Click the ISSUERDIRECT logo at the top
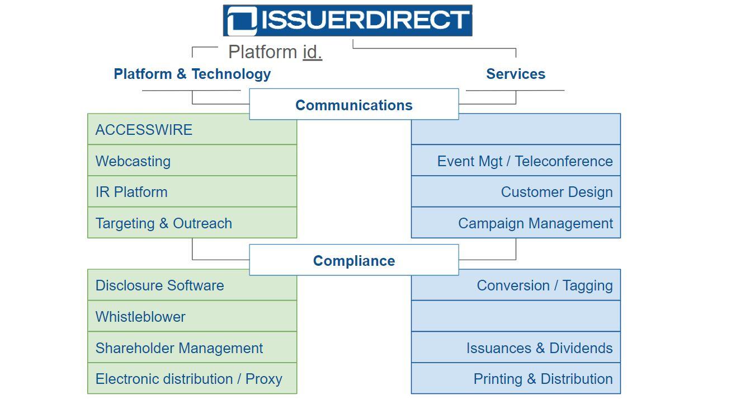(x=347, y=21)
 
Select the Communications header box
(x=353, y=105)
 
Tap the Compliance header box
(x=353, y=260)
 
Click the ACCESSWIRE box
(x=192, y=130)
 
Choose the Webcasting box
(x=192, y=161)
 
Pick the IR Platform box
(x=192, y=192)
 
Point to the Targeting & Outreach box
(x=192, y=223)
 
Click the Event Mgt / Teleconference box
(x=516, y=161)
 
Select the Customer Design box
(x=516, y=192)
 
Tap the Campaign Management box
(x=516, y=223)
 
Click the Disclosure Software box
(x=192, y=285)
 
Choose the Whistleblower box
(x=192, y=317)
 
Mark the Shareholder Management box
(x=192, y=348)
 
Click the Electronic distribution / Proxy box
(x=192, y=379)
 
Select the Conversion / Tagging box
(x=516, y=285)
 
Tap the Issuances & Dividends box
(x=516, y=348)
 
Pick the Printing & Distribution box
(x=516, y=379)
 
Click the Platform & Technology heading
(x=192, y=74)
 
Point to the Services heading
(x=515, y=74)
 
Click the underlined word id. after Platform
(x=312, y=52)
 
